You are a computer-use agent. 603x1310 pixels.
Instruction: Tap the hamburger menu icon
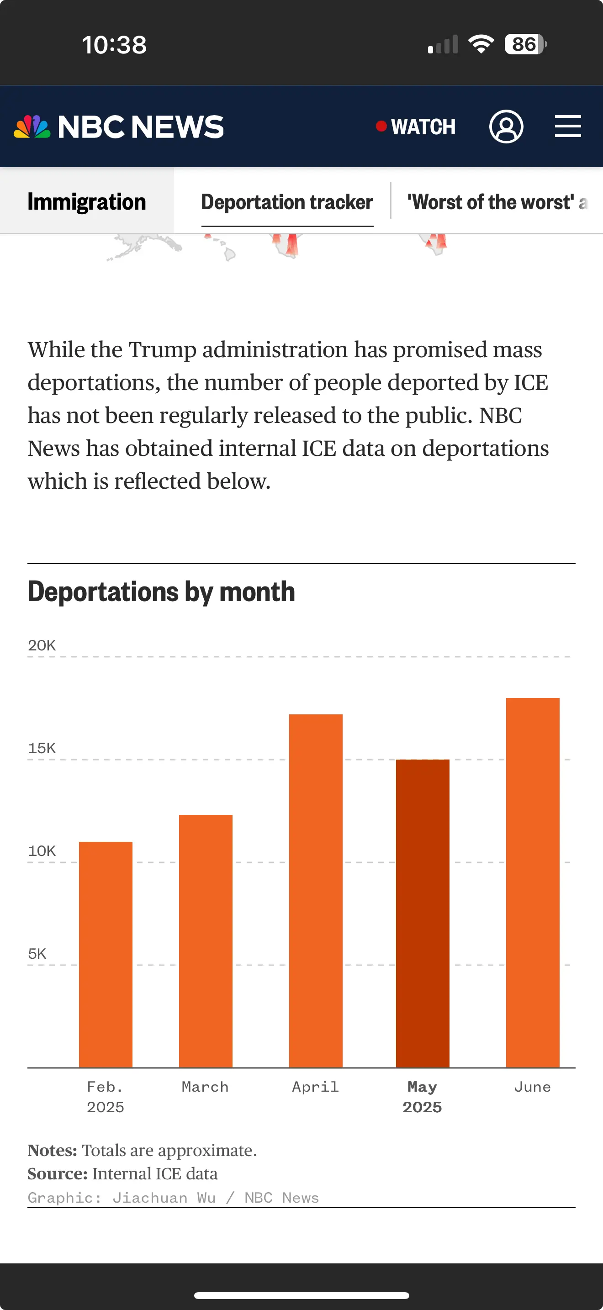click(x=567, y=126)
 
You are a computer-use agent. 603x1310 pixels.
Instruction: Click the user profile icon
click(x=506, y=126)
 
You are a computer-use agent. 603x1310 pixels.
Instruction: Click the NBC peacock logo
click(x=32, y=127)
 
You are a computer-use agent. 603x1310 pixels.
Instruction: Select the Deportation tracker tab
click(x=287, y=202)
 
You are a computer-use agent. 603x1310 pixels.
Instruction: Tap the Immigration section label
click(x=86, y=202)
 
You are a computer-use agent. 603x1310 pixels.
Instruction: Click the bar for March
click(x=206, y=941)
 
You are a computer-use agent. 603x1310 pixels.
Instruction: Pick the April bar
click(x=315, y=890)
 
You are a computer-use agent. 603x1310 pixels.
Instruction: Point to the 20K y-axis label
click(x=42, y=645)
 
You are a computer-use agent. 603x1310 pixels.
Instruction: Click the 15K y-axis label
click(x=42, y=748)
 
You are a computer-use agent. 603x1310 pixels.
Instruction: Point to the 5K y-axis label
click(x=37, y=954)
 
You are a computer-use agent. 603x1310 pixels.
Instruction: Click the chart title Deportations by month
click(x=161, y=592)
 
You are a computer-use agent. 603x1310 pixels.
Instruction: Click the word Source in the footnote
click(x=58, y=1174)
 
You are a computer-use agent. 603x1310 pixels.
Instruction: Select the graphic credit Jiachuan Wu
click(x=164, y=1198)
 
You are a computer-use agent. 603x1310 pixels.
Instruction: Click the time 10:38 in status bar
click(x=114, y=45)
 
